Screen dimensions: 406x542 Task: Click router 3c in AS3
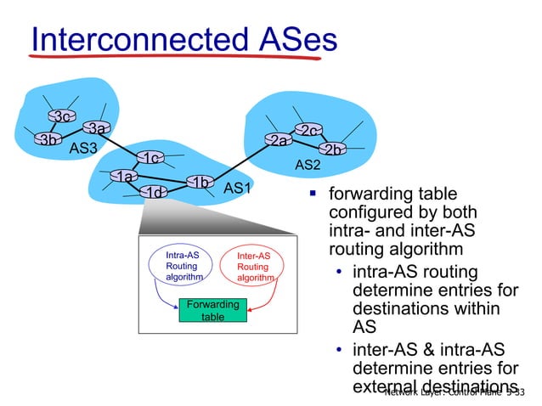[59, 116]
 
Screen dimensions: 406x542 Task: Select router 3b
[48, 139]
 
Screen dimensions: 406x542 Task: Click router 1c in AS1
[150, 159]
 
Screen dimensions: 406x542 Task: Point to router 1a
[125, 177]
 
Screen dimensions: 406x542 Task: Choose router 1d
[154, 193]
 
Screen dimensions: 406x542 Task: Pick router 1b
[200, 183]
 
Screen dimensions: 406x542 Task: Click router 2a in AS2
[278, 141]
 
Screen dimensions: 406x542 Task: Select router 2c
[307, 130]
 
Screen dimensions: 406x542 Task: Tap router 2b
[335, 149]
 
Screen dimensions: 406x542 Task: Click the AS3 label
[83, 149]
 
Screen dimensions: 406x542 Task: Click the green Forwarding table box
[212, 309]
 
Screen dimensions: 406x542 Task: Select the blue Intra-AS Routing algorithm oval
[184, 265]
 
